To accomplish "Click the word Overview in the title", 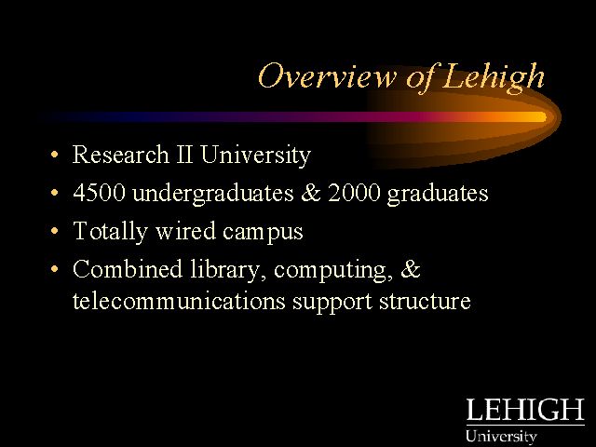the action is [x=327, y=76].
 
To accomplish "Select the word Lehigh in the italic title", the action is [x=494, y=78].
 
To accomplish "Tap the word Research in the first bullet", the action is [x=120, y=154].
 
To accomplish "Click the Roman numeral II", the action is [x=184, y=154].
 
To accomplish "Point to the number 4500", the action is [x=99, y=193].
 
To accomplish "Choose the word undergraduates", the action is [x=213, y=193].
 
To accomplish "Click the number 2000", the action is [x=354, y=193].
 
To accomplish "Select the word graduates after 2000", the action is [x=438, y=194].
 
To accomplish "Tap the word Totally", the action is [x=110, y=232].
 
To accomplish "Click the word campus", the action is [x=263, y=233].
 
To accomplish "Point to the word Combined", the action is [x=128, y=269].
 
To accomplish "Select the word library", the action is [x=228, y=270].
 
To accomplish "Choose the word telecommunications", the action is [x=179, y=301].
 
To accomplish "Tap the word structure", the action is [x=425, y=302].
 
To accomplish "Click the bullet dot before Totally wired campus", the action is [x=55, y=231].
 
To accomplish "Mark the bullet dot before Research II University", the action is [x=55, y=155].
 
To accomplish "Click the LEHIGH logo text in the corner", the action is [x=525, y=410].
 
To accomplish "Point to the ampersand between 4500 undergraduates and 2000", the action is [x=311, y=193].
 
